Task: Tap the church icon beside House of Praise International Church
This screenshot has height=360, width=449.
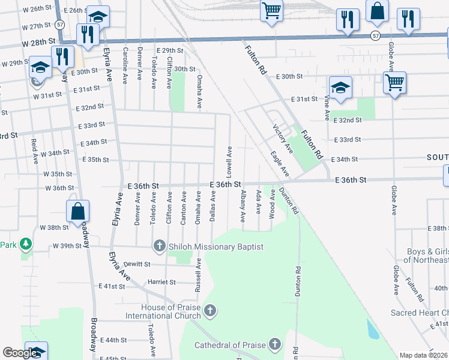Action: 209,310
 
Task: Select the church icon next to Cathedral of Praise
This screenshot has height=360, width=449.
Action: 274,344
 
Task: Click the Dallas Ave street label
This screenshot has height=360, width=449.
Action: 213,206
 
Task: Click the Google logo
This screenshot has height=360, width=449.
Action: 20,353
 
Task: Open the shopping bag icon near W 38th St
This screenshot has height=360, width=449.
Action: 77,212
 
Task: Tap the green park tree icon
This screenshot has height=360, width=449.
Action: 25,244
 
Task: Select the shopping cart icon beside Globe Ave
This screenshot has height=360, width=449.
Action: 394,82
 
